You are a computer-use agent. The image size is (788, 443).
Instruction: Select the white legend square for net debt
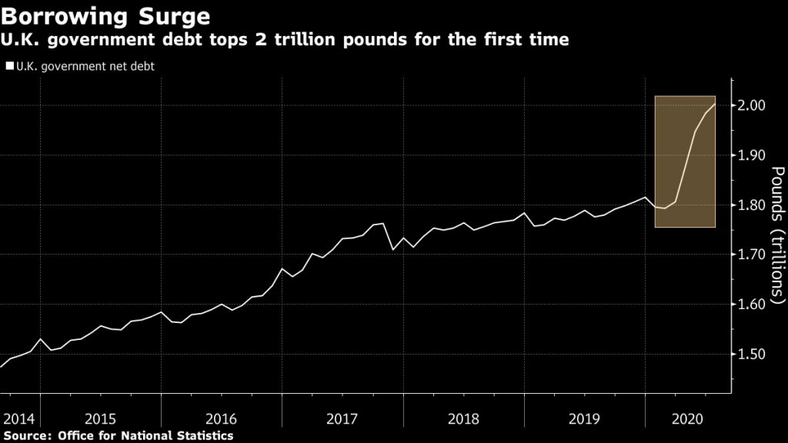tap(9, 66)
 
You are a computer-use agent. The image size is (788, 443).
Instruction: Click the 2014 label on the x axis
tap(20, 419)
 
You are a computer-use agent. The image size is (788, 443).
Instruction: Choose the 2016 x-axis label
tap(221, 419)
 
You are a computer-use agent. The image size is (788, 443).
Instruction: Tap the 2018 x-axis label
tap(463, 419)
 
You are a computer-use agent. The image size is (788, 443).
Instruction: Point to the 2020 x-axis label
tap(686, 419)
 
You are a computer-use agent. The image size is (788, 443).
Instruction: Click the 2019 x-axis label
tap(584, 419)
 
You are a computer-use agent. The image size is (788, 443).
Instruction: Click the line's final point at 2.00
tap(715, 104)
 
